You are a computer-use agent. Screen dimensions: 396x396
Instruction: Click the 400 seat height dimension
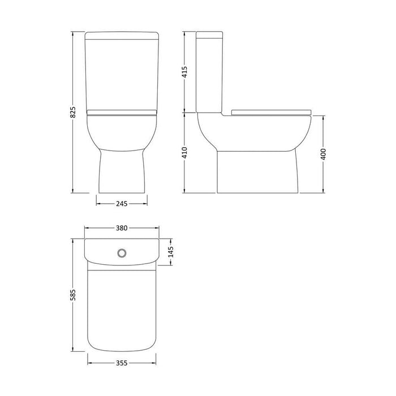tap(324, 154)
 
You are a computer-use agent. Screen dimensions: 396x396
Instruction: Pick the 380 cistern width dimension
tap(122, 229)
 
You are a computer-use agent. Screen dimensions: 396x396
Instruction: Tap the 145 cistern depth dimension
tap(170, 250)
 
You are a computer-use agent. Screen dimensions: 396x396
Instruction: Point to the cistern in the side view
tap(210, 74)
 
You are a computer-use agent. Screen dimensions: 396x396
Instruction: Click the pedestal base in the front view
tap(122, 170)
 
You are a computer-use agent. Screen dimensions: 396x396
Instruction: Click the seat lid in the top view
tap(122, 305)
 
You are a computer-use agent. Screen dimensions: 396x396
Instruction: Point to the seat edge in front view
tap(122, 113)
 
